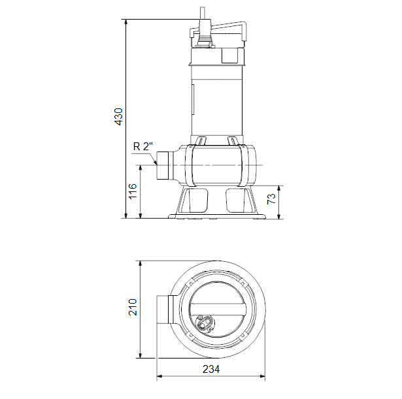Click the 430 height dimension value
pyautogui.click(x=118, y=117)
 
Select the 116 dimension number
pyautogui.click(x=133, y=191)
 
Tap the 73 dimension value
pyautogui.click(x=271, y=199)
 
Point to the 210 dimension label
pyautogui.click(x=133, y=307)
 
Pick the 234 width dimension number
pyautogui.click(x=211, y=369)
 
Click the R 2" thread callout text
pyautogui.click(x=142, y=146)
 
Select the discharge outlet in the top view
pyautogui.click(x=163, y=310)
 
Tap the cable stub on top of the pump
pyautogui.click(x=203, y=13)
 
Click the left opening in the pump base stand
pyautogui.click(x=198, y=200)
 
